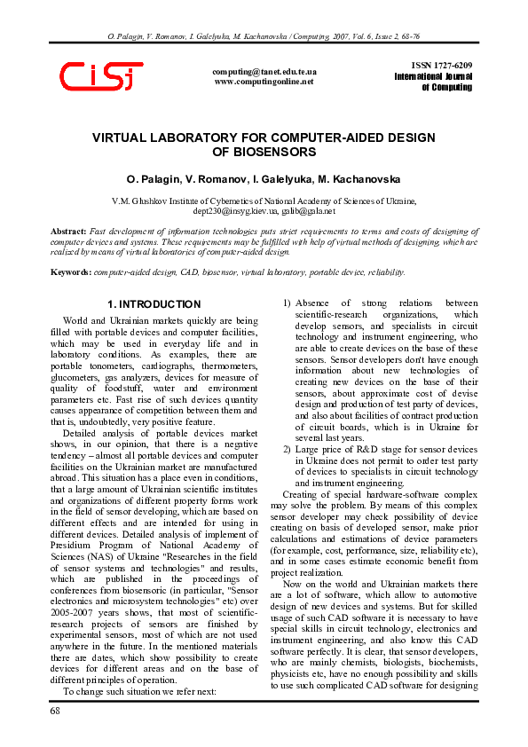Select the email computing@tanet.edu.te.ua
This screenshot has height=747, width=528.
click(264, 71)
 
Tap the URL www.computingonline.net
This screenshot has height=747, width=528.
click(264, 82)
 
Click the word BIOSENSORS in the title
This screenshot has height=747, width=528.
click(264, 153)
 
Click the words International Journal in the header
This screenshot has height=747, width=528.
click(433, 77)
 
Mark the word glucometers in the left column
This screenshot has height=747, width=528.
click(75, 376)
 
